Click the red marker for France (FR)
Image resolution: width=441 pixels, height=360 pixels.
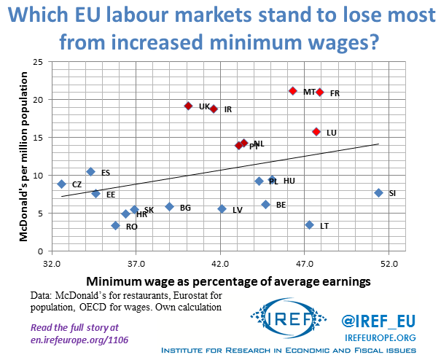(x=319, y=92)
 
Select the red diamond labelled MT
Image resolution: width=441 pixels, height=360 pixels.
(x=292, y=91)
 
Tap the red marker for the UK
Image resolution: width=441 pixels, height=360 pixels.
(x=188, y=106)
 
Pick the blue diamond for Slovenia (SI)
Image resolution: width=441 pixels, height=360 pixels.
(x=378, y=192)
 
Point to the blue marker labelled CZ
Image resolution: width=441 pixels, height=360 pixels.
(x=62, y=184)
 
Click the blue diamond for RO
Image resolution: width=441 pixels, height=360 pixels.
(x=115, y=226)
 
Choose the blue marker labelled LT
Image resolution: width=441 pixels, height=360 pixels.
(x=309, y=225)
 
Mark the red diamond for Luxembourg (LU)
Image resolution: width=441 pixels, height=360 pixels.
(x=316, y=132)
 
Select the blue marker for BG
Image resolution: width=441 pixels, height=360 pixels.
(x=169, y=207)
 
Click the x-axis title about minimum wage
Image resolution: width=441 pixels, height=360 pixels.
(x=228, y=281)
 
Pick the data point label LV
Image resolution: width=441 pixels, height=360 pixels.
(x=237, y=210)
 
